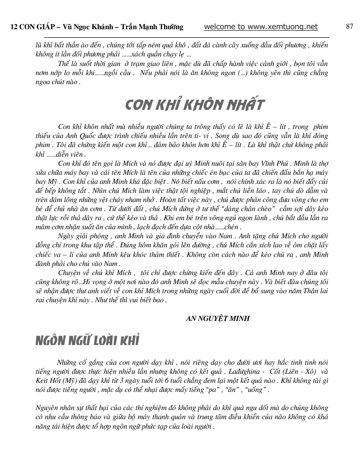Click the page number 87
349,27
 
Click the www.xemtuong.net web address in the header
283,27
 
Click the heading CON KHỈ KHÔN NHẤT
194,105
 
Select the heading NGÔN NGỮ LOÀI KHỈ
87,341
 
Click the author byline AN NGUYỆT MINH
218,318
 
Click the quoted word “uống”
257,390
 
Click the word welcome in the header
222,27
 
